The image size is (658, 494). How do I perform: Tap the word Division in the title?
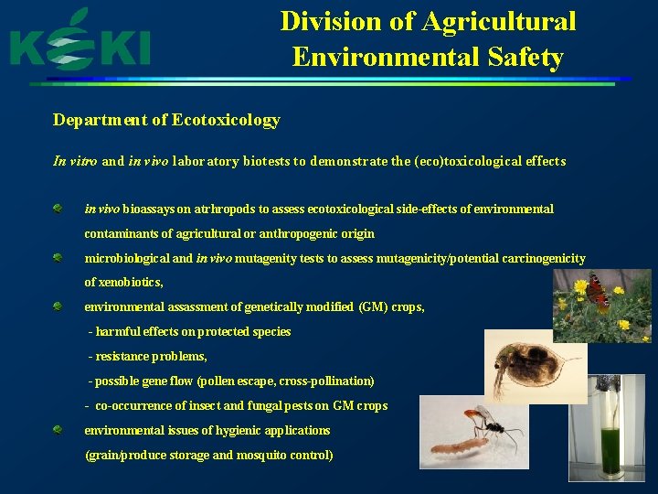coord(322,21)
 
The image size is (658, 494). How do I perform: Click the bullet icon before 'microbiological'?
coord(58,258)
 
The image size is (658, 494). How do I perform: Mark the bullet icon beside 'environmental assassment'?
coord(58,306)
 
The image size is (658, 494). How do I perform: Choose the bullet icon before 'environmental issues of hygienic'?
coord(58,430)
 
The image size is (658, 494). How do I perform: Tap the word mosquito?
coord(239,455)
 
